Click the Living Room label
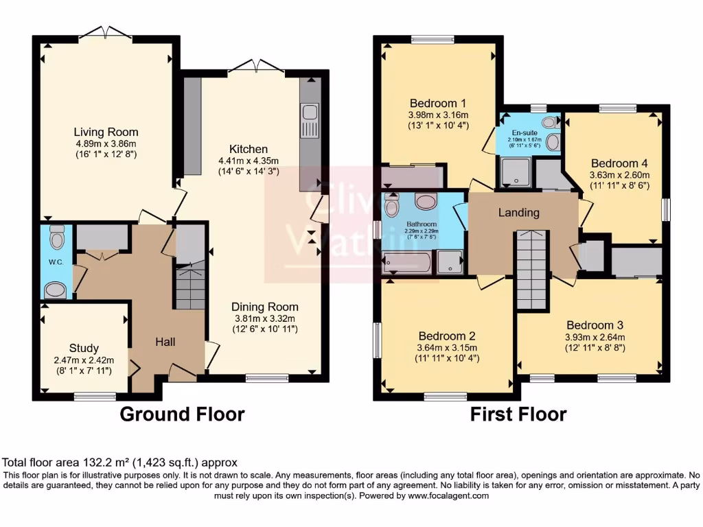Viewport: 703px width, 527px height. [106, 132]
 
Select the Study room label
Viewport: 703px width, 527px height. [84, 348]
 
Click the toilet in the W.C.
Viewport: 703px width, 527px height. [57, 237]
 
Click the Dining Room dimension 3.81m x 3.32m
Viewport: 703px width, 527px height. [264, 318]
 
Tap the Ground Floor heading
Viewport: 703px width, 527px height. [182, 414]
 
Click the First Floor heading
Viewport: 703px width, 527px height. [518, 414]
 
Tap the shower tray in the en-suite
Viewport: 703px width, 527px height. [515, 172]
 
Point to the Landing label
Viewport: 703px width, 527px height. [518, 213]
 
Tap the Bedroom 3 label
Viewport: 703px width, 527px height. [595, 325]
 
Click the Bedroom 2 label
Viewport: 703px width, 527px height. [447, 336]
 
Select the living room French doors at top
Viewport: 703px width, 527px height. [106, 33]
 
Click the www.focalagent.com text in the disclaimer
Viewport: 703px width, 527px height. [448, 495]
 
